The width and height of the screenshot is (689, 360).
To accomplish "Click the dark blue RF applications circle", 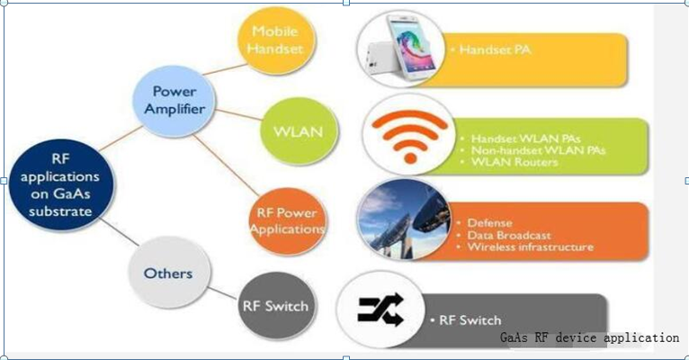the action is [x=61, y=185].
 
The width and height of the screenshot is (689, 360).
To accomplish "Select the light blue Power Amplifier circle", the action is [x=174, y=101].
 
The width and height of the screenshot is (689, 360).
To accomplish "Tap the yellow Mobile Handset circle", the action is [x=276, y=41].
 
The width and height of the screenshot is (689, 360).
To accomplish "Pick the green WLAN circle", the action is [x=299, y=131].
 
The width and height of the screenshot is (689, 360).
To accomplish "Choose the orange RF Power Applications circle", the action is [x=287, y=220].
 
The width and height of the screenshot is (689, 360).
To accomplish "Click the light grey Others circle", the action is [x=168, y=273].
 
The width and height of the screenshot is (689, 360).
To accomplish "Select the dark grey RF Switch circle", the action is [x=276, y=306].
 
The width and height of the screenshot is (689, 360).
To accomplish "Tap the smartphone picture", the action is [x=401, y=49].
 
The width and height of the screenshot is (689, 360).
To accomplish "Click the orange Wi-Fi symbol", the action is [x=409, y=135].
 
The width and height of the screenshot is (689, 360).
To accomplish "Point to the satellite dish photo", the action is [x=403, y=219].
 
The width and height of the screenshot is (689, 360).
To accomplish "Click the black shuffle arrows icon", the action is [x=380, y=309].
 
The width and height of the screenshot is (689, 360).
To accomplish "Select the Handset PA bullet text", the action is [x=491, y=49].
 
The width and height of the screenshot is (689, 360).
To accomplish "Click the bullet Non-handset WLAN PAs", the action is [x=533, y=150].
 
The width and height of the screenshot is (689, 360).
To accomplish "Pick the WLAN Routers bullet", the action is [x=509, y=162].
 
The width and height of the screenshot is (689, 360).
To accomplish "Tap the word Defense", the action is [x=489, y=223].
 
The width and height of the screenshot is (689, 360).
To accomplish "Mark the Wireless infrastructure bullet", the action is [x=525, y=247].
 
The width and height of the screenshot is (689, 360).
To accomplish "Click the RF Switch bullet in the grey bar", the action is [x=466, y=320].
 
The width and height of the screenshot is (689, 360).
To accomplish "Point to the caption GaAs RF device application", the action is [x=590, y=337].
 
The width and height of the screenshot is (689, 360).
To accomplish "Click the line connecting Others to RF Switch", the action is [x=223, y=293].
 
